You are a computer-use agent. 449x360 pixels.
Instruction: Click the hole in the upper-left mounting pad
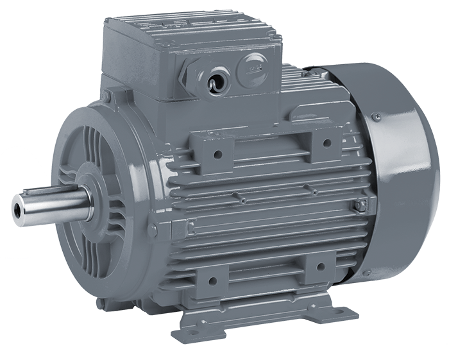[218, 154]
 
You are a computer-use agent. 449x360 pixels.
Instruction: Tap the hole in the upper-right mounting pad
[325, 142]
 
